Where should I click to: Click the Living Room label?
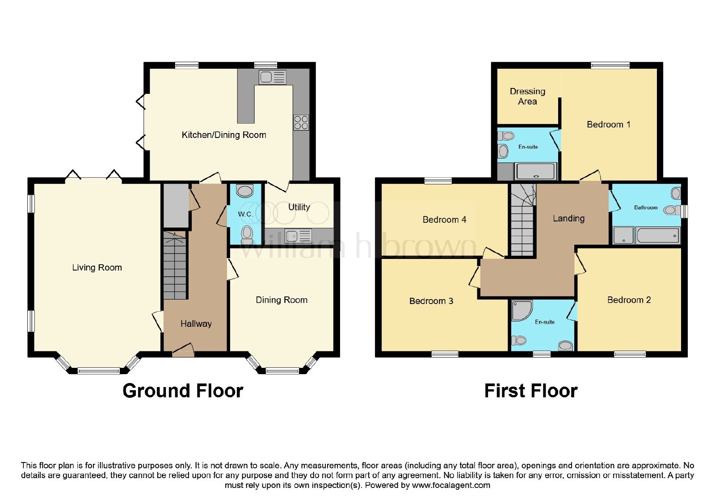click(x=97, y=267)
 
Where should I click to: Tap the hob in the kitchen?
click(x=301, y=123)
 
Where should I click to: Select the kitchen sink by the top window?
click(x=273, y=77)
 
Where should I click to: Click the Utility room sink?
click(x=298, y=236)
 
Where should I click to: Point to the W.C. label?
click(x=245, y=214)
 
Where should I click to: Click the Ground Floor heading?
click(x=183, y=391)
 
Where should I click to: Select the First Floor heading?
click(x=531, y=391)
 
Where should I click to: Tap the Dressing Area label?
click(x=527, y=96)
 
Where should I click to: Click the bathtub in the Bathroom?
click(x=658, y=236)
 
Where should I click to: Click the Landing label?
click(x=568, y=218)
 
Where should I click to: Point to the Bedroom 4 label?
click(x=444, y=219)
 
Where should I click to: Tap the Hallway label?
click(x=196, y=324)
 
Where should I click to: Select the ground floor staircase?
click(x=175, y=265)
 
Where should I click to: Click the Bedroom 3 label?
click(x=431, y=301)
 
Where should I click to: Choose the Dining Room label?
click(x=282, y=300)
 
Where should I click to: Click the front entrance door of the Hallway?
click(x=183, y=350)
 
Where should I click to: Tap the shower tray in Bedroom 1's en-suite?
click(x=536, y=171)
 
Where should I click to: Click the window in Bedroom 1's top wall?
click(x=610, y=65)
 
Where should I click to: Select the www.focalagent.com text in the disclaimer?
click(x=451, y=485)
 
